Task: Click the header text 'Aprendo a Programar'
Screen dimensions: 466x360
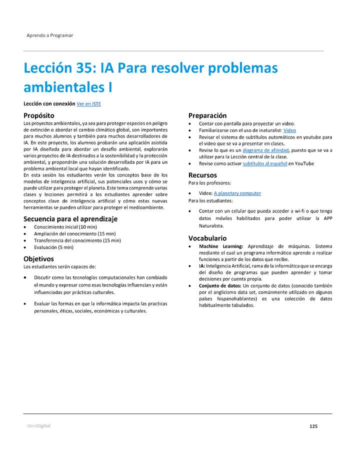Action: coord(50,35)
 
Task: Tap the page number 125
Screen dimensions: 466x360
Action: coord(313,426)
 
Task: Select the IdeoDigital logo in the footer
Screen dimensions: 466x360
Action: coord(38,426)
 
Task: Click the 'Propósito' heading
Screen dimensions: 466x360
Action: coord(39,115)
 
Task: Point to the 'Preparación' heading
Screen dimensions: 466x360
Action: coord(207,115)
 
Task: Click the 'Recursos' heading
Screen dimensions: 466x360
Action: coord(202,175)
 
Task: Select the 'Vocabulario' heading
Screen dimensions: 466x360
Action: coord(207,238)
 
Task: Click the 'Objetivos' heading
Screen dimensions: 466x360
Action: coord(38,258)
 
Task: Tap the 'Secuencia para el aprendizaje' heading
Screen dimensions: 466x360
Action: coord(70,218)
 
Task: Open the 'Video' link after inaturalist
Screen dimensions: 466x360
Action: coord(289,130)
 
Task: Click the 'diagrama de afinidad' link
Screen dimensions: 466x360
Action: coord(265,150)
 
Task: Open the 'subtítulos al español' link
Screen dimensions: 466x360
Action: coord(264,163)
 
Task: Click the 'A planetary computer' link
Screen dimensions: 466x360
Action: coord(237,193)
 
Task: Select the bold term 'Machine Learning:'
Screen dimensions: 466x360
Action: coord(221,246)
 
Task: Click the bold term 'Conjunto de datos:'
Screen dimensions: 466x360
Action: coord(220,285)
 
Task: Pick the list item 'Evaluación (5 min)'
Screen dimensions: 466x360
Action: coord(53,247)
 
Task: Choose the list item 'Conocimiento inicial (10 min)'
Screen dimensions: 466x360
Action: coord(65,227)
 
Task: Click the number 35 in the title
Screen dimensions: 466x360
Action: coord(83,68)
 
